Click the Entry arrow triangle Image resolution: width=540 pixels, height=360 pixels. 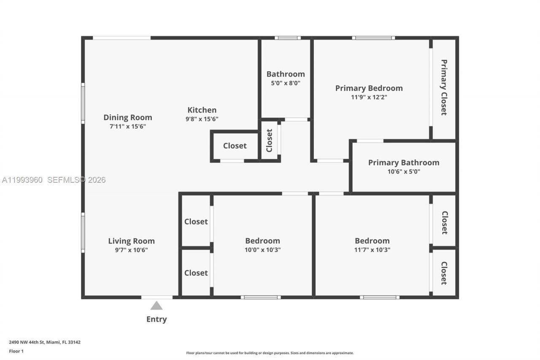pyautogui.click(x=157, y=306)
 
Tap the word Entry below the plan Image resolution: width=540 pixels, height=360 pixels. pyautogui.click(x=157, y=319)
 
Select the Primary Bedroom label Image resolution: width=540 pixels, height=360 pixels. pyautogui.click(x=369, y=88)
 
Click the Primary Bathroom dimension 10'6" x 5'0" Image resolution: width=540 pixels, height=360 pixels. pyautogui.click(x=403, y=172)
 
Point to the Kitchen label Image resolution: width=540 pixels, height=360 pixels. pyautogui.click(x=202, y=110)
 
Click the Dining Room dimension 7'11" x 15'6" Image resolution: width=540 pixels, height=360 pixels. pyautogui.click(x=127, y=126)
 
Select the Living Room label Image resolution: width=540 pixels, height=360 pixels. pyautogui.click(x=131, y=241)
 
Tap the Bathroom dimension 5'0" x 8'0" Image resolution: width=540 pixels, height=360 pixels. pyautogui.click(x=285, y=83)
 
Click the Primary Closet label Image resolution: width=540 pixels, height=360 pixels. pyautogui.click(x=444, y=87)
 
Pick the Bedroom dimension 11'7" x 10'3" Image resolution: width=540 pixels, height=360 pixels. pyautogui.click(x=372, y=249)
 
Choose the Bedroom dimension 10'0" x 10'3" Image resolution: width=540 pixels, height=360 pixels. pyautogui.click(x=262, y=249)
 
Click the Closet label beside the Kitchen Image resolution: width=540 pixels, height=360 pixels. pyautogui.click(x=235, y=146)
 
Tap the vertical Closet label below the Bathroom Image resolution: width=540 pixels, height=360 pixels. pyautogui.click(x=269, y=140)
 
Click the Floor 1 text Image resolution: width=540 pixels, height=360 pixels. pyautogui.click(x=16, y=351)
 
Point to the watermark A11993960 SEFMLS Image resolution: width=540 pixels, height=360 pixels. pyautogui.click(x=54, y=180)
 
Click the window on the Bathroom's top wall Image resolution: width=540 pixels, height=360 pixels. pyautogui.click(x=288, y=38)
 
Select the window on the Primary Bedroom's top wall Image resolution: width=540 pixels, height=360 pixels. pyautogui.click(x=373, y=38)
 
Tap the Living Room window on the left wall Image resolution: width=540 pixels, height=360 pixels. pyautogui.click(x=83, y=233)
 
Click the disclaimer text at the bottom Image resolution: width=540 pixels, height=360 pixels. pyautogui.click(x=270, y=353)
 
